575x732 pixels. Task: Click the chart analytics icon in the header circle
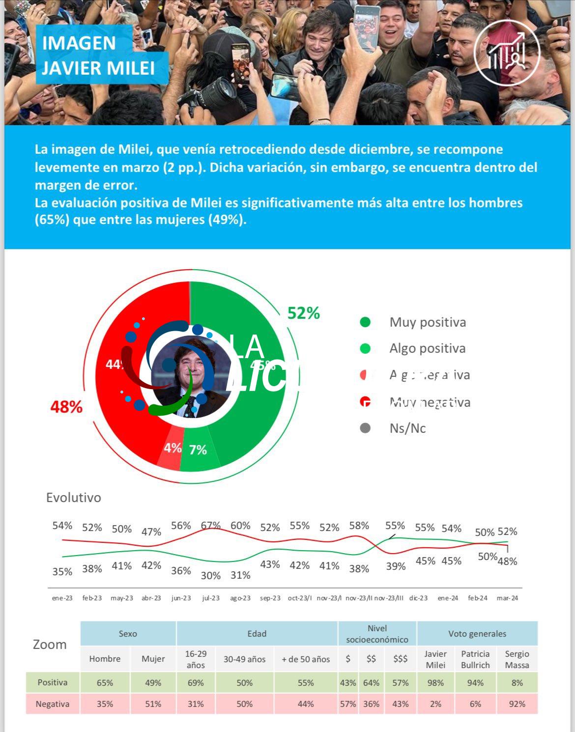[x=507, y=53]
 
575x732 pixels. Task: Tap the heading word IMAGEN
[x=79, y=43]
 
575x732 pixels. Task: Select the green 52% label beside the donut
[x=303, y=313]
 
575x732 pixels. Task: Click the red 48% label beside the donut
[x=66, y=407]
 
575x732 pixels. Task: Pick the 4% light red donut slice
[x=172, y=449]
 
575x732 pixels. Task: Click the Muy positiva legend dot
[x=365, y=322]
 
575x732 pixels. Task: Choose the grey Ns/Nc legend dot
[x=365, y=428]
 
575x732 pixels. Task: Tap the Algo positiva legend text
[x=427, y=348]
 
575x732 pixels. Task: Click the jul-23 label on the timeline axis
[x=211, y=598]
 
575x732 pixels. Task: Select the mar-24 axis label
[x=507, y=598]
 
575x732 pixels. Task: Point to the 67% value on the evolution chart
[x=211, y=525]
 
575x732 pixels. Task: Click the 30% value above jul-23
[x=211, y=575]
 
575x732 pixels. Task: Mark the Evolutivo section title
[x=74, y=497]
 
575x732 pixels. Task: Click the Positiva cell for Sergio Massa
[x=517, y=682]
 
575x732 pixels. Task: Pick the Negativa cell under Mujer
[x=153, y=704]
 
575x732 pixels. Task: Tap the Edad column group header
[x=257, y=634]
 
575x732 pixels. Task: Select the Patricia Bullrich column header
[x=475, y=659]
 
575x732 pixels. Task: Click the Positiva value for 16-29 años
[x=196, y=682]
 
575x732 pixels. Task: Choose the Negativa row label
[x=53, y=704]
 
